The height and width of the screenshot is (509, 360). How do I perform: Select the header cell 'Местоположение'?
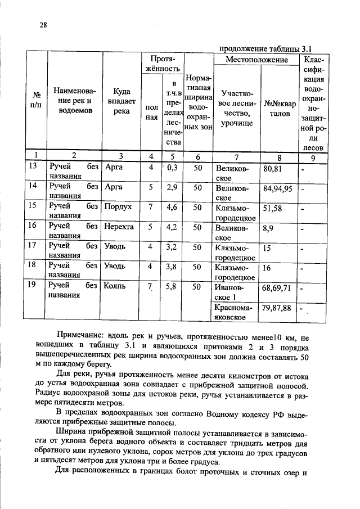click(x=256, y=60)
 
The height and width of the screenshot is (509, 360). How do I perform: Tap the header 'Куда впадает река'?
click(x=121, y=101)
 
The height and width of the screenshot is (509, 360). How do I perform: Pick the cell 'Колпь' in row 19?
click(x=115, y=286)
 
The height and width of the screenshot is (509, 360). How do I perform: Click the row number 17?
click(x=33, y=246)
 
